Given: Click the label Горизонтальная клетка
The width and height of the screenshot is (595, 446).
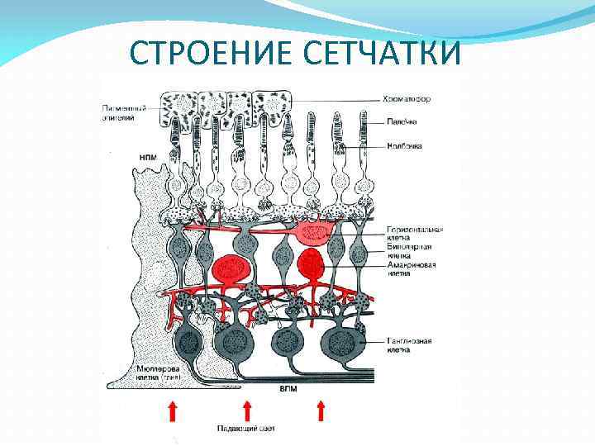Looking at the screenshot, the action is [x=415, y=232].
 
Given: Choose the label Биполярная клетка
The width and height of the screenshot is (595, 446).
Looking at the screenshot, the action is [x=408, y=251].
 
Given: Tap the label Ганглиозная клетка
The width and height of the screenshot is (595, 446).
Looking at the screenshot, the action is [x=411, y=344].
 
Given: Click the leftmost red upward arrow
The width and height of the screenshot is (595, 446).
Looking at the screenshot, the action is [x=172, y=410].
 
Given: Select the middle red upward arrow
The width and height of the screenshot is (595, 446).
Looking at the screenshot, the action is [x=246, y=410].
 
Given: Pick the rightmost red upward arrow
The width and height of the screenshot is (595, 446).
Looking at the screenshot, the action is [x=321, y=410].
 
